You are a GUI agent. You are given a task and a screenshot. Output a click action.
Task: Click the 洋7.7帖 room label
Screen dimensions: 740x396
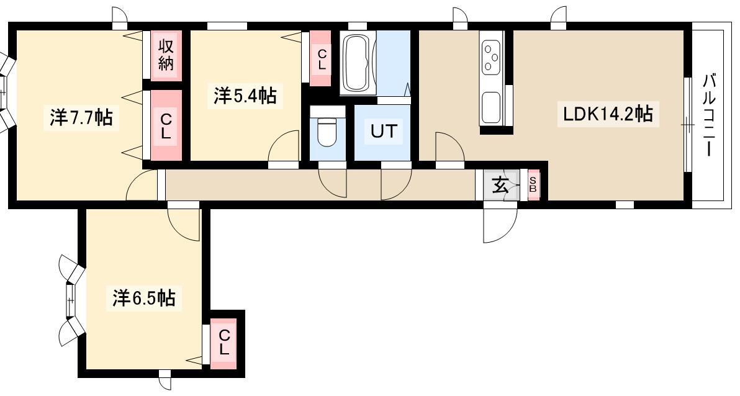pos(81,117)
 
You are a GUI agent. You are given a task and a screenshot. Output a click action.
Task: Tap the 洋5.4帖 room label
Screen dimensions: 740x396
pos(245,96)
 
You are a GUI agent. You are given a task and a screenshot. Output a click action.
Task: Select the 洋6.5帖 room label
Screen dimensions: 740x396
pos(144,298)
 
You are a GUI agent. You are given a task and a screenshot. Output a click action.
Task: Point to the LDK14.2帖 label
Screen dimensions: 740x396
pos(608,114)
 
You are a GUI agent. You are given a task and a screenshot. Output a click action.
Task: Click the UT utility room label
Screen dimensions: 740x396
pos(384,131)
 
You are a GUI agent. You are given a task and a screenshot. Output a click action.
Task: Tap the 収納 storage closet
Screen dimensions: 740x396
pos(166,55)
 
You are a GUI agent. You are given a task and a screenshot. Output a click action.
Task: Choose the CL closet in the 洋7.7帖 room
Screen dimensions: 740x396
pos(166,125)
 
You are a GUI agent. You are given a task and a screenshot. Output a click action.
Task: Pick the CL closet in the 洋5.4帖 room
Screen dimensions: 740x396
pos(321,59)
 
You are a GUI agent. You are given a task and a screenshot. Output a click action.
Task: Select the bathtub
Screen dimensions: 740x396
pos(358,63)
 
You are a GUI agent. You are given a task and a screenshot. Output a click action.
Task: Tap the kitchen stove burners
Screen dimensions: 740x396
pos(491,56)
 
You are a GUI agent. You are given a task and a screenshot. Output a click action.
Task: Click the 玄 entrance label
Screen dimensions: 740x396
pos(500,185)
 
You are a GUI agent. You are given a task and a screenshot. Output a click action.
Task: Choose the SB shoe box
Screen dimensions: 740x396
pos(533,184)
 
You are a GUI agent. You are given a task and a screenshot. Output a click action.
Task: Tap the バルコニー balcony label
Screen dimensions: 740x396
pos(709,115)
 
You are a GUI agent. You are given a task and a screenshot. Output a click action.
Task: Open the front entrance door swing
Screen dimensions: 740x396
pos(500,225)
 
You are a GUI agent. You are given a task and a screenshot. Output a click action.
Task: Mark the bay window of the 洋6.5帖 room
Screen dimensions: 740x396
pos(71,300)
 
